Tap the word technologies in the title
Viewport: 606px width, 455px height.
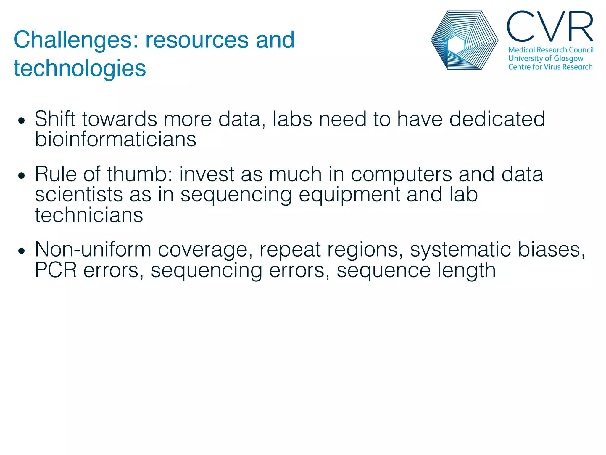[80, 68]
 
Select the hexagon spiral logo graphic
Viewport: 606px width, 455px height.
[464, 40]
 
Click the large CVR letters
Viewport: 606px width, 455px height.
[550, 27]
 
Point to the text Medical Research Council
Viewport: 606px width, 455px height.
[551, 50]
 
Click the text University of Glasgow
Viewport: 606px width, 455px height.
[546, 58]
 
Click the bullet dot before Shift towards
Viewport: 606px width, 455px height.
[21, 121]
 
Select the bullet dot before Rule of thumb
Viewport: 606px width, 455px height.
[21, 176]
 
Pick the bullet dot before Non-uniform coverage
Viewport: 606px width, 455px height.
[21, 251]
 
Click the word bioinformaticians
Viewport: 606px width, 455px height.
[115, 139]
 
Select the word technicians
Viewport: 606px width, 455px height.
[89, 215]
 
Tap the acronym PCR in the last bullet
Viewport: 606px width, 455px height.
[56, 270]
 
